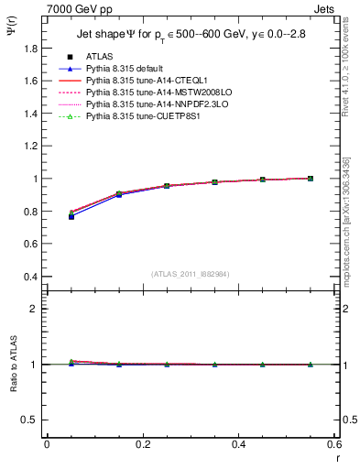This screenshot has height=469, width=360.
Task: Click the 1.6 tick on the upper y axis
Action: pos(32,81)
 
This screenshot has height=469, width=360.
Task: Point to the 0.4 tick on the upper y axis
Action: pos(32,277)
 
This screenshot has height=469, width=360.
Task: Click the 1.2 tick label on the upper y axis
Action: pos(32,146)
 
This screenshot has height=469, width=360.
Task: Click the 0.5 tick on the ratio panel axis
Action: pos(32,420)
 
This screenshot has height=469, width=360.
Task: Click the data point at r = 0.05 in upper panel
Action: pos(71,215)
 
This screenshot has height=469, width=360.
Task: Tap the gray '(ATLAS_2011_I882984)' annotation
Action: pos(191,274)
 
